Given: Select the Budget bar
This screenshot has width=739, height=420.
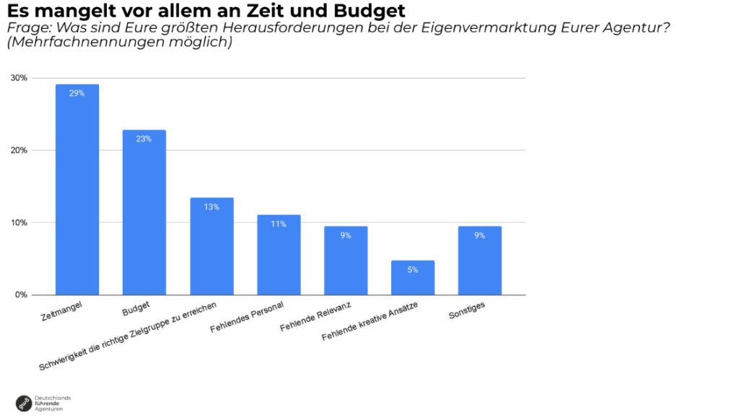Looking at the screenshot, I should pyautogui.click(x=144, y=212).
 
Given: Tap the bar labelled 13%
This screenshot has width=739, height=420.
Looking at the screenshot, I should pyautogui.click(x=211, y=246).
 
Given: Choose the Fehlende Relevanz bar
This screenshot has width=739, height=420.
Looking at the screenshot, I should pyautogui.click(x=346, y=261).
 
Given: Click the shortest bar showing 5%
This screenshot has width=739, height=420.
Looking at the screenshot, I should pyautogui.click(x=413, y=278).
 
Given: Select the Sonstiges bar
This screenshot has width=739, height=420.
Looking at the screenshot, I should pyautogui.click(x=480, y=261).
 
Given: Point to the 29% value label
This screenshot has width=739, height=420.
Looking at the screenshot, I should pyautogui.click(x=77, y=93).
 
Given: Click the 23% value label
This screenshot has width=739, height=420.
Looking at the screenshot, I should pyautogui.click(x=144, y=139).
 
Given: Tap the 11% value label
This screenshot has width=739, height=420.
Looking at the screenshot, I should pyautogui.click(x=279, y=224).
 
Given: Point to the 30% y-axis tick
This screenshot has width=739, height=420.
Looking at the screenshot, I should pyautogui.click(x=19, y=78).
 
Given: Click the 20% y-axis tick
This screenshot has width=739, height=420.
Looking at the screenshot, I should pyautogui.click(x=19, y=150).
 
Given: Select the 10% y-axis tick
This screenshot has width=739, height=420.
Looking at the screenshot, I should pyautogui.click(x=19, y=222).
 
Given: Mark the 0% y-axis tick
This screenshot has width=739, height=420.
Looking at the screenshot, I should pyautogui.click(x=22, y=294).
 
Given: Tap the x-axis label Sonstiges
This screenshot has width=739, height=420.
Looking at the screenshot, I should pyautogui.click(x=467, y=310).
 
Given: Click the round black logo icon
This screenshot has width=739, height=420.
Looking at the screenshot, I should pyautogui.click(x=24, y=403).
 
